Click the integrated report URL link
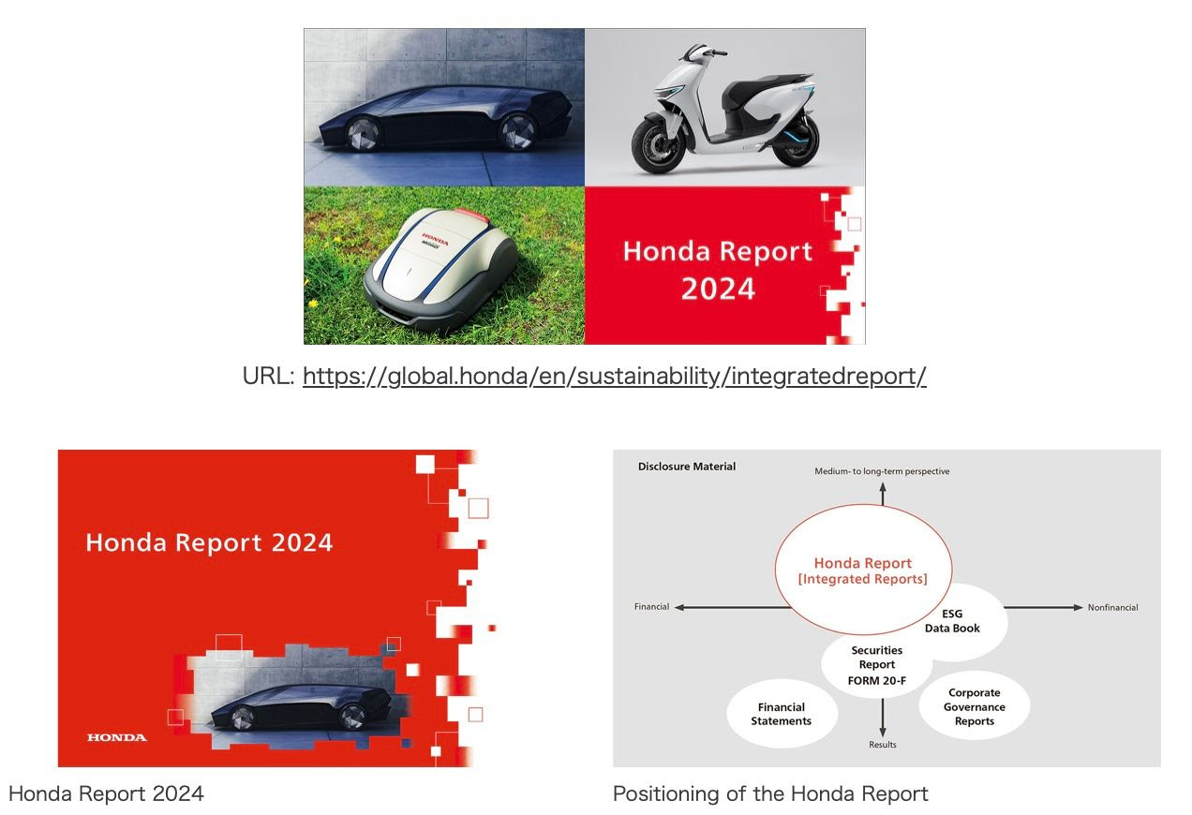(614, 377)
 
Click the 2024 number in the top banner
(718, 289)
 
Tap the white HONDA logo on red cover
(117, 737)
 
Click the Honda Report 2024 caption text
(106, 794)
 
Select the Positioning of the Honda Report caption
(770, 794)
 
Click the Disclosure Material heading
(687, 467)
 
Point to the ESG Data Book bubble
(952, 621)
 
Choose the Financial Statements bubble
(781, 714)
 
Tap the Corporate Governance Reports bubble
(975, 707)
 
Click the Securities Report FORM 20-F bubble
(877, 665)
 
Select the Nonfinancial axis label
(1112, 608)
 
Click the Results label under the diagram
(883, 745)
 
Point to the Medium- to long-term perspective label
(882, 471)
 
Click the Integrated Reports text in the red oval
(862, 580)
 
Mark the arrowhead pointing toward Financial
(678, 608)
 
